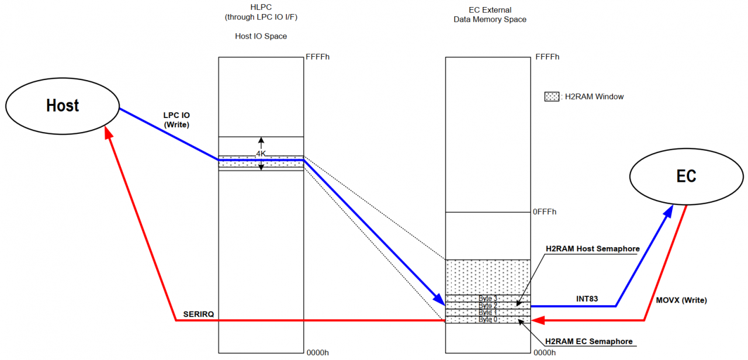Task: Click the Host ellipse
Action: tap(63, 106)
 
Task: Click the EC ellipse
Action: tap(686, 176)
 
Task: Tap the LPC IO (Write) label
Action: tap(176, 120)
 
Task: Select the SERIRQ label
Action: tap(198, 314)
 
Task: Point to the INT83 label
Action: tap(587, 299)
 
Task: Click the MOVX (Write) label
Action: tap(681, 300)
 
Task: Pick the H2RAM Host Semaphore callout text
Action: tap(593, 249)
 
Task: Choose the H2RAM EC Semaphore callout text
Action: tap(588, 341)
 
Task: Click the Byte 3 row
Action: tap(487, 299)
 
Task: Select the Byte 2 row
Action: tap(487, 306)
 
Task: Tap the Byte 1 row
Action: tap(487, 313)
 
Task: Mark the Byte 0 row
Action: tap(487, 320)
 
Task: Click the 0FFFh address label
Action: tap(544, 212)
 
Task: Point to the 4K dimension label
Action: tap(261, 154)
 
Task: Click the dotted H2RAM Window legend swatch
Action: tap(552, 96)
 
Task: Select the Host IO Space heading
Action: tap(261, 36)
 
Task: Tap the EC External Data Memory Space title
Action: tap(490, 15)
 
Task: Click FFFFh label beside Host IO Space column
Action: tap(317, 57)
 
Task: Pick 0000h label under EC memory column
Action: tap(545, 352)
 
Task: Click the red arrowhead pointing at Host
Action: tap(108, 132)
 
